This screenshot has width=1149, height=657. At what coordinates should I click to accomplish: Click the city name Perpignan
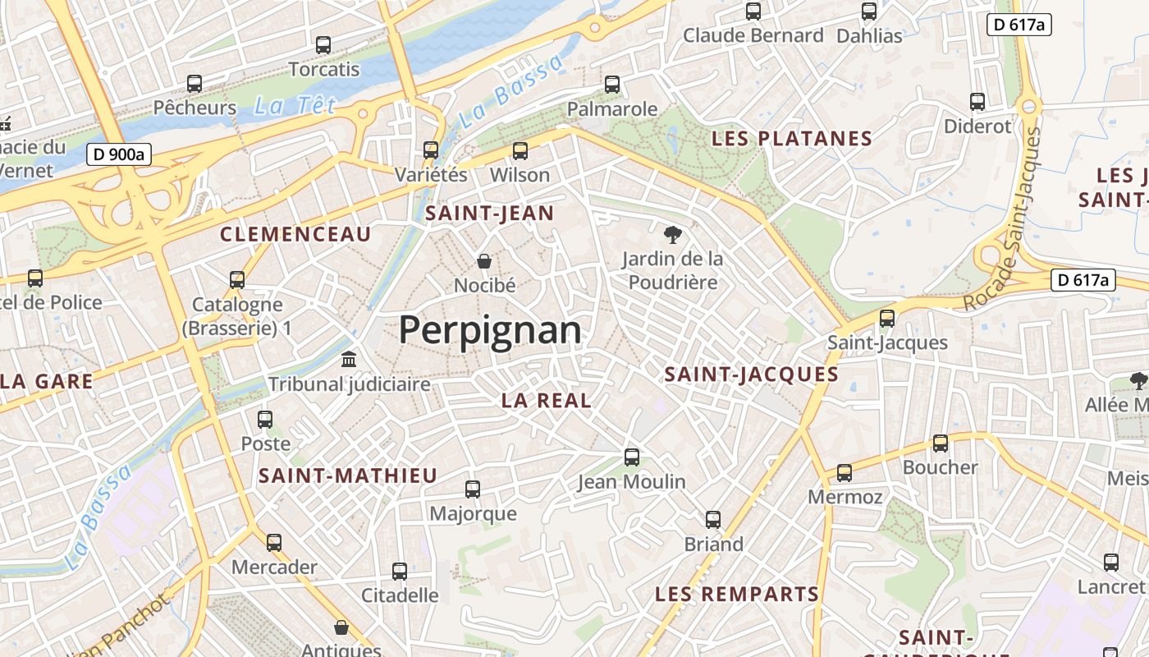(490, 330)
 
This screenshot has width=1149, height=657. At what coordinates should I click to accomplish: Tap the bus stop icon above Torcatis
(323, 45)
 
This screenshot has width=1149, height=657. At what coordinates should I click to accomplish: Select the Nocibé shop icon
(485, 261)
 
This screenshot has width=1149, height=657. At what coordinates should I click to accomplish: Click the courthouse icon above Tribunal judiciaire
(349, 360)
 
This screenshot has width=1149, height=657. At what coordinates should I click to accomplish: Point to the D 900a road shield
(119, 154)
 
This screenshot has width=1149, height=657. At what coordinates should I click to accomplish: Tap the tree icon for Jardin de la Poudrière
(672, 235)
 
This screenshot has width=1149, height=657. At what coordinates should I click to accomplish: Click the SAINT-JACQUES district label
(751, 374)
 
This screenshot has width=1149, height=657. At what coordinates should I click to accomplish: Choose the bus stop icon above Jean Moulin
(632, 457)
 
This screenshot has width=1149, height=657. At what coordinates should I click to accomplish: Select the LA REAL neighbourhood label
(546, 401)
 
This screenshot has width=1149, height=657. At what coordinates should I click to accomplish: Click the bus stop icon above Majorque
(473, 489)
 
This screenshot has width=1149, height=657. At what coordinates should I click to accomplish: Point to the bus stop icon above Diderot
(977, 102)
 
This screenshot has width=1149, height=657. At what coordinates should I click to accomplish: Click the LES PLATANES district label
(791, 138)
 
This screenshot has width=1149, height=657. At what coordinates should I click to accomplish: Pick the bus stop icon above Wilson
(520, 151)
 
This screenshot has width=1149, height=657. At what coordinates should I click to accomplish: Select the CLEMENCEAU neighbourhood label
(295, 234)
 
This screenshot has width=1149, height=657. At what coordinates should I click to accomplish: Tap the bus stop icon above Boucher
(941, 443)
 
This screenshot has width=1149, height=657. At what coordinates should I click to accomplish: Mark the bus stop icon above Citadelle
(400, 571)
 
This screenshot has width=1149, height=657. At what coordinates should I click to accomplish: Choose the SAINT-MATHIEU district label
(348, 476)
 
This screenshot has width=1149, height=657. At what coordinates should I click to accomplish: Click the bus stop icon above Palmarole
(612, 85)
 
